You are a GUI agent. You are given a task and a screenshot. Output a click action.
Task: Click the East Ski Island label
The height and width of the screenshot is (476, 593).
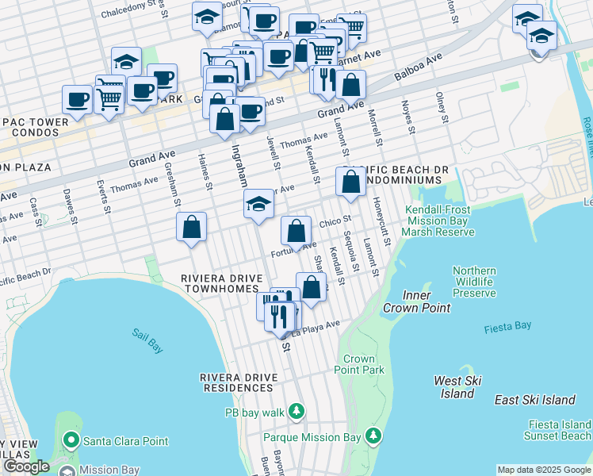tap(534, 400)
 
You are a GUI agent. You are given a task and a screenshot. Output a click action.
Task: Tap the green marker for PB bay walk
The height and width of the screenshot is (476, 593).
tap(296, 411)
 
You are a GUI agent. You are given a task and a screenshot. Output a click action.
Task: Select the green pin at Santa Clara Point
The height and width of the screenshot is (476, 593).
tap(71, 440)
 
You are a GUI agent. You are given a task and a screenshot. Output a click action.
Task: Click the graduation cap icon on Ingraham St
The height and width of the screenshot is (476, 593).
tap(258, 204)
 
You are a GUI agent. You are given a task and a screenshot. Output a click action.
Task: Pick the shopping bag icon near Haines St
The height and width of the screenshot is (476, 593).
tap(192, 227)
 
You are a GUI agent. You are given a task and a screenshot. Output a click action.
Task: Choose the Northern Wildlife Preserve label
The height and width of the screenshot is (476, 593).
tap(474, 282)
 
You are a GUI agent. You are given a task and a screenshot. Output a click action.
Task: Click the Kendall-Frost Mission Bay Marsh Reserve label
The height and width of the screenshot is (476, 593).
tap(438, 221)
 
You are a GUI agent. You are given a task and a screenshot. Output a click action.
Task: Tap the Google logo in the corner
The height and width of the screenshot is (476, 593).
tap(25, 466)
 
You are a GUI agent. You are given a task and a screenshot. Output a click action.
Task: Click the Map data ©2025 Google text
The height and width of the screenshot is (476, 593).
tap(544, 470)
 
